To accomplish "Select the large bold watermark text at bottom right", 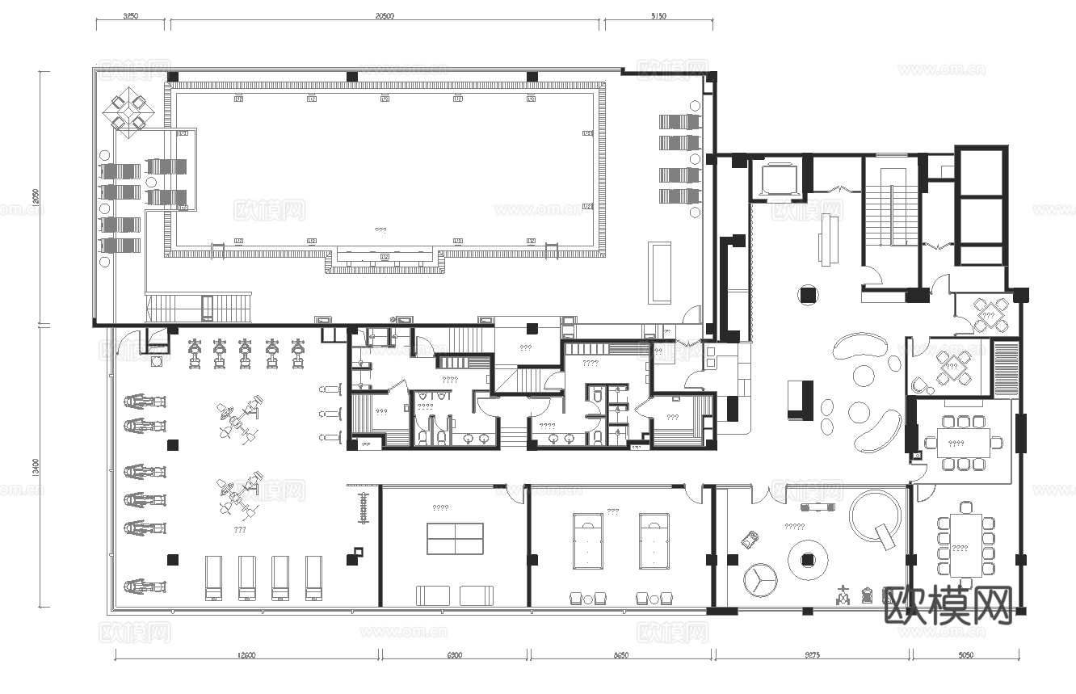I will tap(948, 605).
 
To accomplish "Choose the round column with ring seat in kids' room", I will tap(807, 558).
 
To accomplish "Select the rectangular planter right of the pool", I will tap(660, 272).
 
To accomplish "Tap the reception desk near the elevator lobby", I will tap(827, 238).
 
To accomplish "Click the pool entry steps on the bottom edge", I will tap(385, 261).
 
